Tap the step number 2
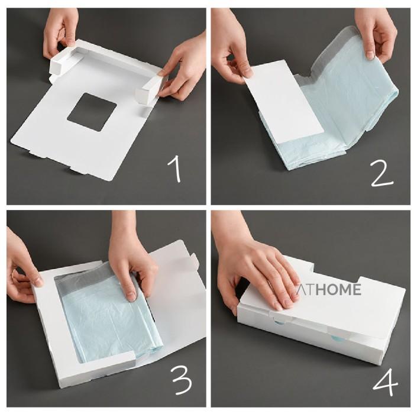coord(382,174)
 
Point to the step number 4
coord(385,383)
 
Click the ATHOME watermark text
coord(328,290)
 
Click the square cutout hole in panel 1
coord(92,111)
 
